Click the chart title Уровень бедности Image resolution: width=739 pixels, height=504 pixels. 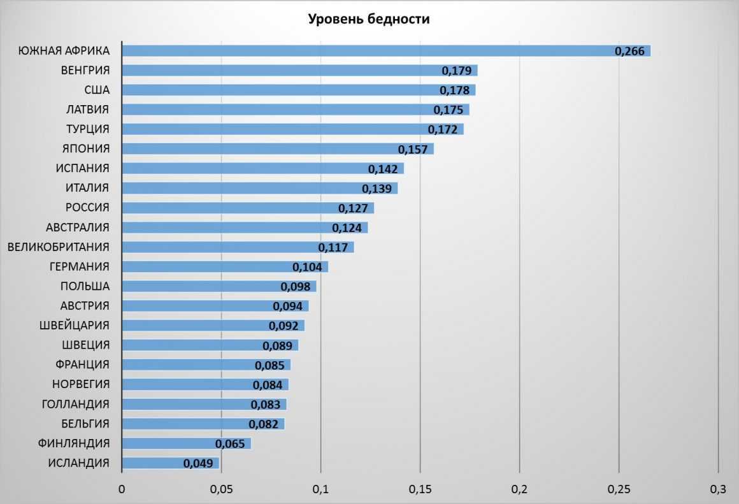[x=369, y=19]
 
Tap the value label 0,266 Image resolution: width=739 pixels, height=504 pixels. [x=629, y=51]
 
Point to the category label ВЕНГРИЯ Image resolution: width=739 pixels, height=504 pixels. [x=85, y=70]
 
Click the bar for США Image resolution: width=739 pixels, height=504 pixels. [x=280, y=90]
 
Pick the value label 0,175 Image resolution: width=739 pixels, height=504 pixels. [x=448, y=110]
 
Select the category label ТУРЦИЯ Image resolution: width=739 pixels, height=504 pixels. [x=88, y=129]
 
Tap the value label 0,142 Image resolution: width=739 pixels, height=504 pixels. [x=383, y=169]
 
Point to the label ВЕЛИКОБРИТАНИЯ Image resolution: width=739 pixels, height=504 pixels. [x=59, y=247]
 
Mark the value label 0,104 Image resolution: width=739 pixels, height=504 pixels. [x=307, y=267]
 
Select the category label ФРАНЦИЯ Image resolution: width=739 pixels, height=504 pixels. [x=83, y=364]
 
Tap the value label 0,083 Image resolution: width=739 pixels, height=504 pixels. [x=265, y=405]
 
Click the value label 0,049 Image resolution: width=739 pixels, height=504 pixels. [x=198, y=463]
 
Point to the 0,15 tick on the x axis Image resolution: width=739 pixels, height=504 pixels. [x=420, y=490]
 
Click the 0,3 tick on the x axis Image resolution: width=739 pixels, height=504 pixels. [x=718, y=490]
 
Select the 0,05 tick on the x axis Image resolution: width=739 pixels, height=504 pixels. [x=221, y=490]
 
